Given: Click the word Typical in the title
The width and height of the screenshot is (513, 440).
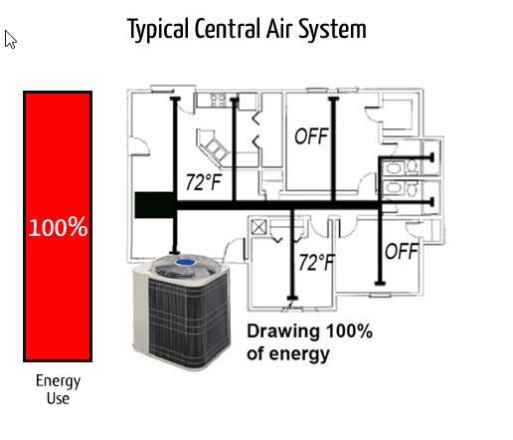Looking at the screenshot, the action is tap(158, 29).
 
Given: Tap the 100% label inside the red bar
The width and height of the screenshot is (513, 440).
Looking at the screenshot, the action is tap(58, 227).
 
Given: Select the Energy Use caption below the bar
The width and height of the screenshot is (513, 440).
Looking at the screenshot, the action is tap(58, 389).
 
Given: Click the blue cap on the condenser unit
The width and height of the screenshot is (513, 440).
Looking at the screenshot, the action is tap(186, 263).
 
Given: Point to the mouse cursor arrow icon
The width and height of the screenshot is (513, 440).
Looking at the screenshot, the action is tap(10, 40).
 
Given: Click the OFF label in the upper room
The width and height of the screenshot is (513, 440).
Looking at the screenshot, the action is tap(311, 136).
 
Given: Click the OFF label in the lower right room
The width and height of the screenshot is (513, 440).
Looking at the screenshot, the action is tap(402, 251).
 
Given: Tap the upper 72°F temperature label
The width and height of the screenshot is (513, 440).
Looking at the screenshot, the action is tap(204, 182).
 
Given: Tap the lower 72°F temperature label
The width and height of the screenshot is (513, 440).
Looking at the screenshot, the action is tap(317, 263).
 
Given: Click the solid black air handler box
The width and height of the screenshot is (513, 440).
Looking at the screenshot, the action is tap(154, 205).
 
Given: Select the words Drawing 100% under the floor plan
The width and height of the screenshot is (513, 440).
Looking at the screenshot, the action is tap(310, 331).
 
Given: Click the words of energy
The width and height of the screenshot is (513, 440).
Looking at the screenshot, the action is tap(288, 353).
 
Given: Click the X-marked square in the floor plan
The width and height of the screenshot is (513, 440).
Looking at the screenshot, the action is tap(258, 227).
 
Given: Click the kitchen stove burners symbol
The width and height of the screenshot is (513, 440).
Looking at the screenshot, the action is tap(218, 100).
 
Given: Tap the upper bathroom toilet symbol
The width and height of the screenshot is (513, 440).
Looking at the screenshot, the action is tap(413, 166).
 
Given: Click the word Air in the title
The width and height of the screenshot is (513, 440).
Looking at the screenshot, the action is tap(280, 29).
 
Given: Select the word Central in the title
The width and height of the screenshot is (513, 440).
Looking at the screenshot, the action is tap(228, 29).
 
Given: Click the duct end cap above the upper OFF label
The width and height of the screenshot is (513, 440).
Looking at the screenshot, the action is tap(333, 99).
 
